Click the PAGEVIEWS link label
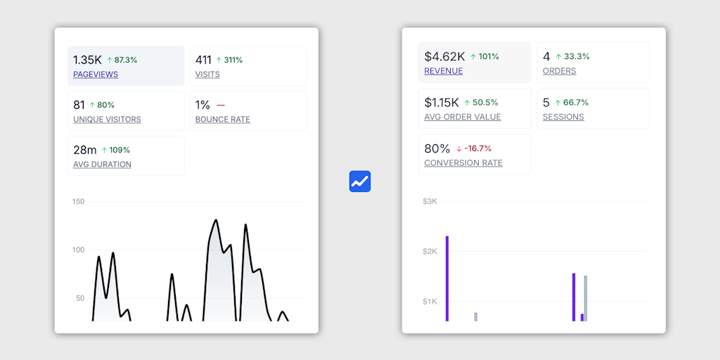pos(96,75)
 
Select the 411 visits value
pos(203,60)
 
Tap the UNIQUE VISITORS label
pos(107,120)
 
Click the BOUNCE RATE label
pos(223,120)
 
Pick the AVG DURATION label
pos(102,165)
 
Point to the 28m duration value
pos(85,150)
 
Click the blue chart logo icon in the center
pos(360,181)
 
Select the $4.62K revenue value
pos(444,56)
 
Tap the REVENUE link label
pos(444,71)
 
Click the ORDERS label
pos(560,71)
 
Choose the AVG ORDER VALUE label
pos(463,117)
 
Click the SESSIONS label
pos(563,117)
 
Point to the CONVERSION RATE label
pos(463,163)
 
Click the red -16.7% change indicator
pos(474,148)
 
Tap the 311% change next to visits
pos(229,60)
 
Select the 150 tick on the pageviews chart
pos(78,202)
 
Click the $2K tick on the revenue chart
pos(430,252)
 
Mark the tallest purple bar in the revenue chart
pos(447,278)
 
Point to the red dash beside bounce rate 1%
pos(221,105)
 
